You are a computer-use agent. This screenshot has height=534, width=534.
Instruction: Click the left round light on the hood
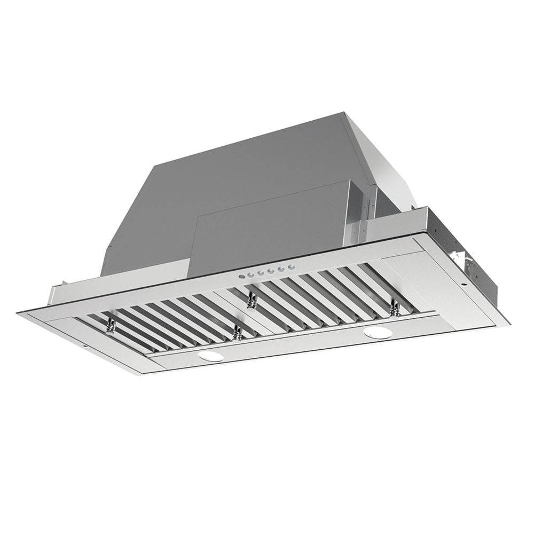click(210, 356)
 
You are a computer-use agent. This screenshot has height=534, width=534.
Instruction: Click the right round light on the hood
click(378, 333)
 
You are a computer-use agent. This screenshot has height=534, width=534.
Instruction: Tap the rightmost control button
click(290, 268)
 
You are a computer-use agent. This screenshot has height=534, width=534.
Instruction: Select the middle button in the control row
click(265, 272)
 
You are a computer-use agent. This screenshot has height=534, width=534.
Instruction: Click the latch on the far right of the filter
click(395, 307)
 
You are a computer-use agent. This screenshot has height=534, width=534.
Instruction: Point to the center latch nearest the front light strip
click(238, 334)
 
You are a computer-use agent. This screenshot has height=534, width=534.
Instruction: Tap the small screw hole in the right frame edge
click(462, 285)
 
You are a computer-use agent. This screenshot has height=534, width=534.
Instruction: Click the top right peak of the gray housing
click(344, 113)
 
